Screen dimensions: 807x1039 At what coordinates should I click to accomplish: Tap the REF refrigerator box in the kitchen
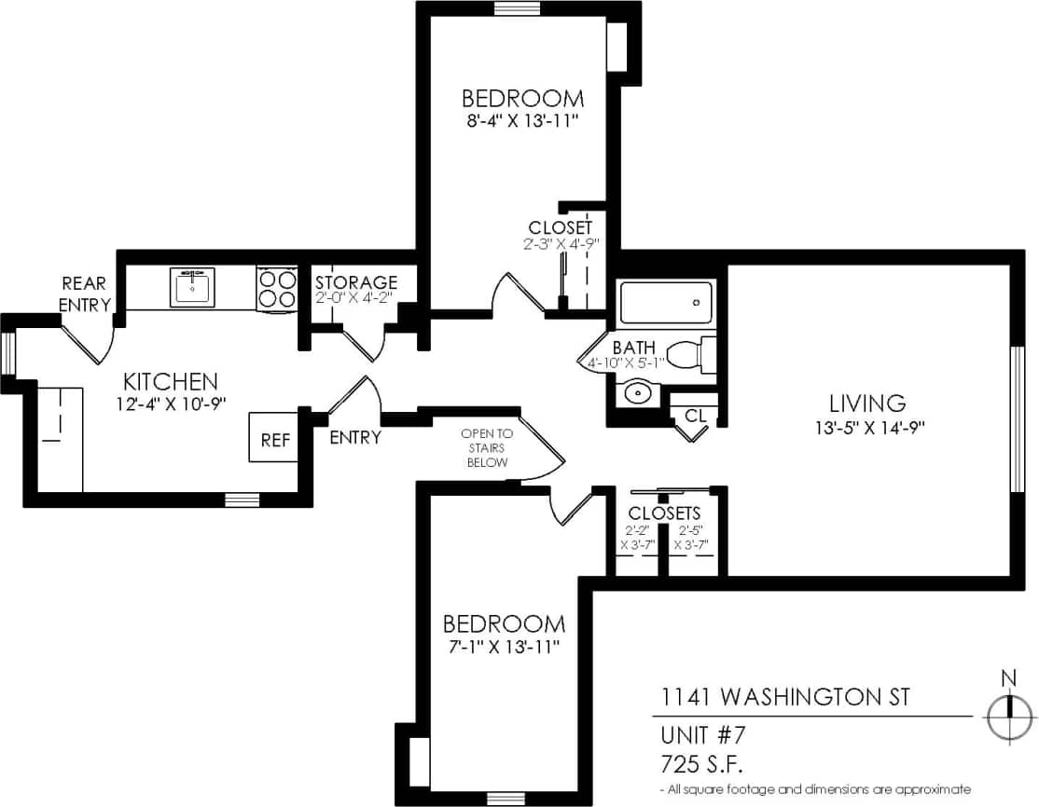(x=274, y=439)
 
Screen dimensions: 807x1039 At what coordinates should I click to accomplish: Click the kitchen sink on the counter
(x=192, y=287)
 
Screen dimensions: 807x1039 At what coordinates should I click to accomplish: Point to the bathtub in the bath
(x=666, y=302)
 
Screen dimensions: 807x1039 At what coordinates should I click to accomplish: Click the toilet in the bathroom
(x=695, y=355)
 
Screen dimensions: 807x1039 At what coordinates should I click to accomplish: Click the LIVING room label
(x=867, y=403)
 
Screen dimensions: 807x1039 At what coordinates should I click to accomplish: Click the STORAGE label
(x=355, y=282)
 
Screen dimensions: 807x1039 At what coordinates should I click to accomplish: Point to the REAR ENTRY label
(x=85, y=294)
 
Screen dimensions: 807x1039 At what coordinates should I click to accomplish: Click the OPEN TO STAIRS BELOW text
(x=486, y=447)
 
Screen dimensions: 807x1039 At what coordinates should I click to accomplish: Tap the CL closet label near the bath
(x=695, y=416)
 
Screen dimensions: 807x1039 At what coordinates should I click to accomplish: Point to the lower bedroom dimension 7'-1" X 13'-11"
(x=503, y=646)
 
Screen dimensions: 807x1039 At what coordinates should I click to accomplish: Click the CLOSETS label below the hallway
(x=664, y=513)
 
